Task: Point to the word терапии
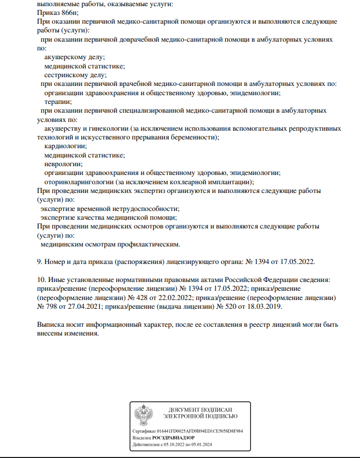pos(58,101)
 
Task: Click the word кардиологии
pos(66,146)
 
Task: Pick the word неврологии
pos(63,164)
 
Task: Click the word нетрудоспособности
pos(145,208)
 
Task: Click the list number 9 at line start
pos(39,261)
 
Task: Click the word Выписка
pos(52,325)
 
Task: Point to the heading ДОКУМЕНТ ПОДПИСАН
pos(200,409)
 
